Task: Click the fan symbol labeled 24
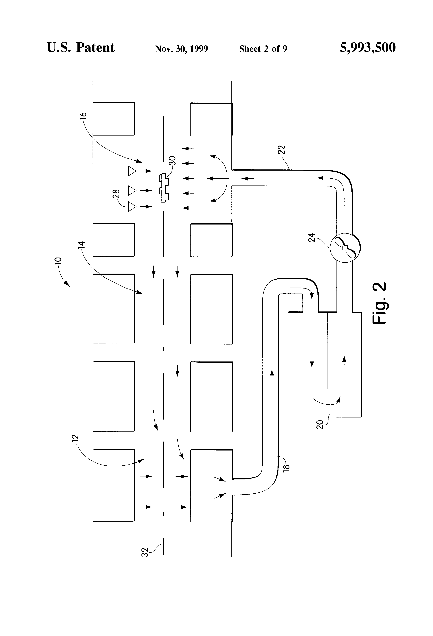[345, 247]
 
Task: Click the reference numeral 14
[82, 245]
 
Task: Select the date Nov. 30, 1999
[181, 49]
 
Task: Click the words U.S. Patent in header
[81, 47]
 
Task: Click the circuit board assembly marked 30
[164, 188]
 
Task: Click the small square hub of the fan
[345, 248]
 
